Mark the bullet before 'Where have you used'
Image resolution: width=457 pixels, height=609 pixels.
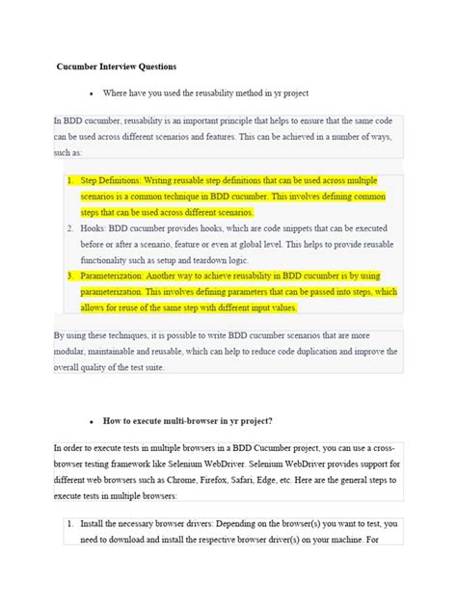click(x=90, y=94)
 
